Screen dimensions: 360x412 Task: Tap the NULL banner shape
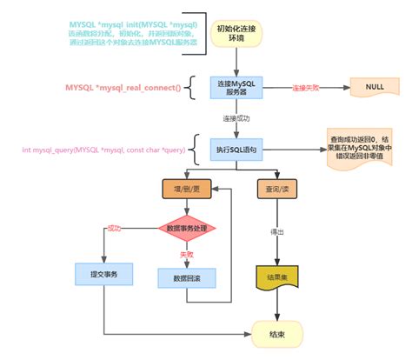tap(375, 88)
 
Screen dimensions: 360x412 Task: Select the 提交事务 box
tap(103, 274)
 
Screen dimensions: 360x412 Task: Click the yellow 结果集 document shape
tap(277, 277)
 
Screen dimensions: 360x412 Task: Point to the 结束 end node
tap(276, 332)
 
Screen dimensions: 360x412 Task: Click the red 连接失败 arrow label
tap(307, 88)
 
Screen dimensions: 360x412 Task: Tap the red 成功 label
tap(113, 228)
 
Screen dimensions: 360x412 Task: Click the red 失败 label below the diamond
tap(186, 255)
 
